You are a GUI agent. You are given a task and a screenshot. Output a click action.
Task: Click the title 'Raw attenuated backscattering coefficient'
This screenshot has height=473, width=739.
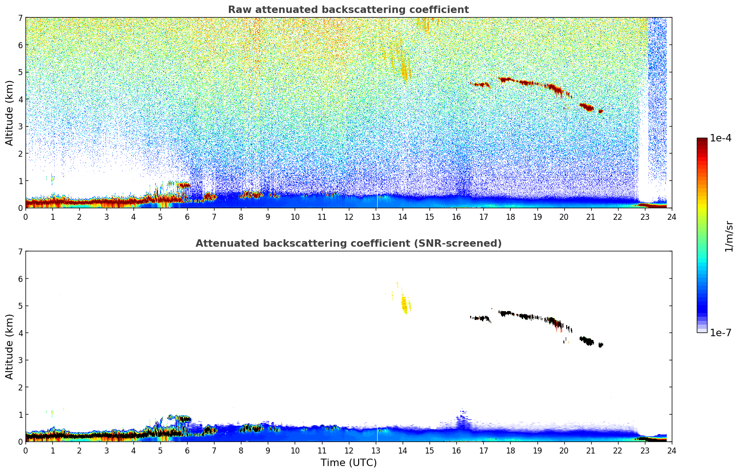(x=348, y=10)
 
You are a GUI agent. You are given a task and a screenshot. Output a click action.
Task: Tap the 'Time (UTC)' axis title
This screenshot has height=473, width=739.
(x=348, y=463)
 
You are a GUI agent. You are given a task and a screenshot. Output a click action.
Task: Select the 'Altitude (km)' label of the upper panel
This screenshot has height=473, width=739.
(x=10, y=113)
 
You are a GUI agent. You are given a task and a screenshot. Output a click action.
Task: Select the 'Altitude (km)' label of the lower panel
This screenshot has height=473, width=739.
(x=10, y=346)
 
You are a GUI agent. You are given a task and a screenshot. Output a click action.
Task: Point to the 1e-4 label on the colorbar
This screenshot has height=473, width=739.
(x=720, y=138)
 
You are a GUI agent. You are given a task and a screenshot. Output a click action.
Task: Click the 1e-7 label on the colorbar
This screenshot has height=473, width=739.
(x=720, y=332)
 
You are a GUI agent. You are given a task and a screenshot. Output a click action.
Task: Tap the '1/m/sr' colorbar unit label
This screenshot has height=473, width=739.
(x=729, y=236)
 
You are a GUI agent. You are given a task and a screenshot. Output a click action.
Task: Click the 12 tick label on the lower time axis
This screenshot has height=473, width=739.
(x=348, y=450)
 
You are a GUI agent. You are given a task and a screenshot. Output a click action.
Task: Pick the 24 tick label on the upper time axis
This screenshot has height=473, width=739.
(x=671, y=217)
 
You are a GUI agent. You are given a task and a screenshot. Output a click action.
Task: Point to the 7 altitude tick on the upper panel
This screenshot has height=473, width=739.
(x=20, y=18)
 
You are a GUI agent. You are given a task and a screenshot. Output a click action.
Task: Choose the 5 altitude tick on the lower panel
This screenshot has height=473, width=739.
(x=20, y=306)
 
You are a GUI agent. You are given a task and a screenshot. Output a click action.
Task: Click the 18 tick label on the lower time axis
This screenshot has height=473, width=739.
(x=510, y=450)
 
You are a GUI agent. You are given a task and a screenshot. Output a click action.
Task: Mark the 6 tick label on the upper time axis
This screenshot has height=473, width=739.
(x=187, y=217)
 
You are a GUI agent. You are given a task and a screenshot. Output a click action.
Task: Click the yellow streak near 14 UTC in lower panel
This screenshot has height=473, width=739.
(x=404, y=304)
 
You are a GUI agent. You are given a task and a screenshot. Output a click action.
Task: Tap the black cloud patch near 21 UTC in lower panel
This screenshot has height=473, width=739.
(x=587, y=341)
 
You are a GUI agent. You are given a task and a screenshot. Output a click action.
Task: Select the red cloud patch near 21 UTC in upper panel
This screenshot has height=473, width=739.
(x=587, y=108)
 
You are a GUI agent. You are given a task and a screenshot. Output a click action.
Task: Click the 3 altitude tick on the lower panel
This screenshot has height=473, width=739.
(x=20, y=360)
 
